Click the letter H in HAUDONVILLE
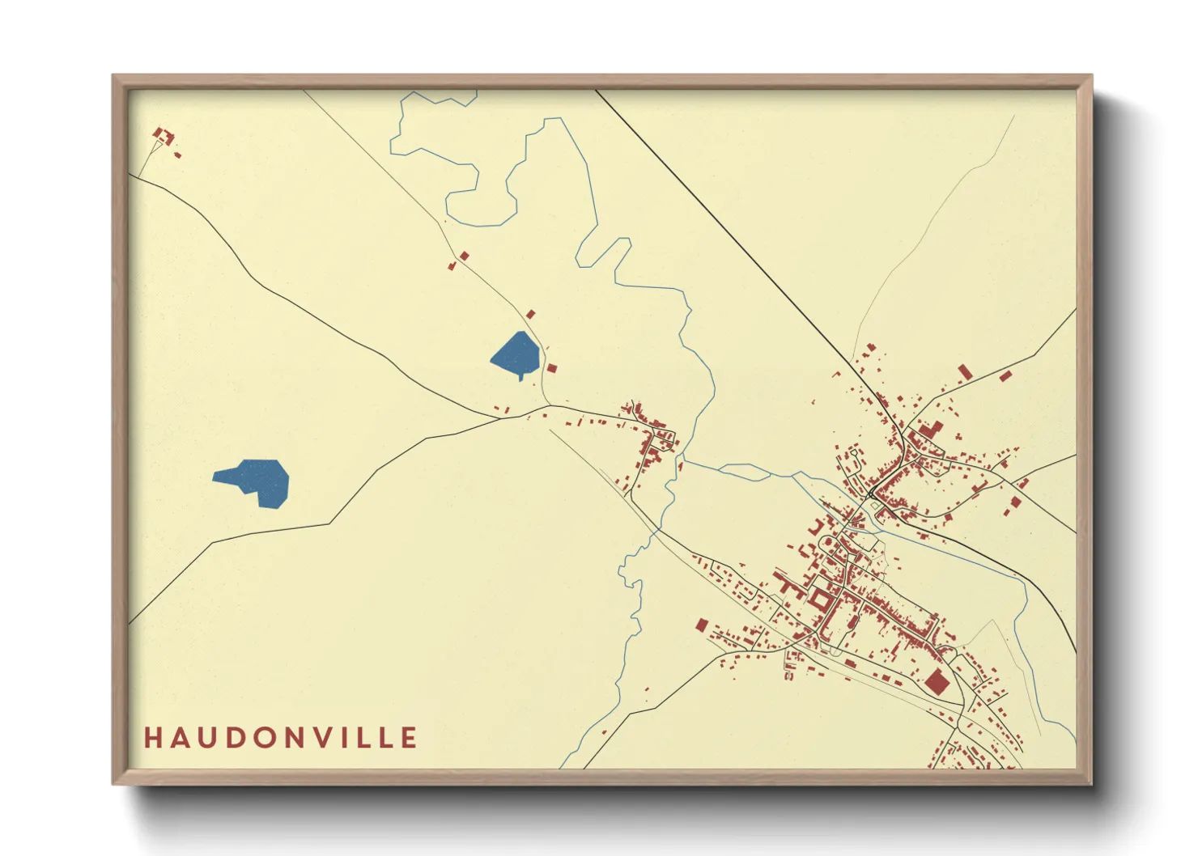(x=152, y=738)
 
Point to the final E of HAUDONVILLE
(x=410, y=738)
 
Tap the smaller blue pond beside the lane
(x=516, y=354)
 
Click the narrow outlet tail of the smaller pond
(x=520, y=376)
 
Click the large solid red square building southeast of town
(x=937, y=681)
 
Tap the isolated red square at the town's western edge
(x=702, y=624)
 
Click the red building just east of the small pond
(x=552, y=368)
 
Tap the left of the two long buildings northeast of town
(x=964, y=371)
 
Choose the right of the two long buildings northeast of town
(x=1005, y=375)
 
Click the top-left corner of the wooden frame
(x=116, y=78)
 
